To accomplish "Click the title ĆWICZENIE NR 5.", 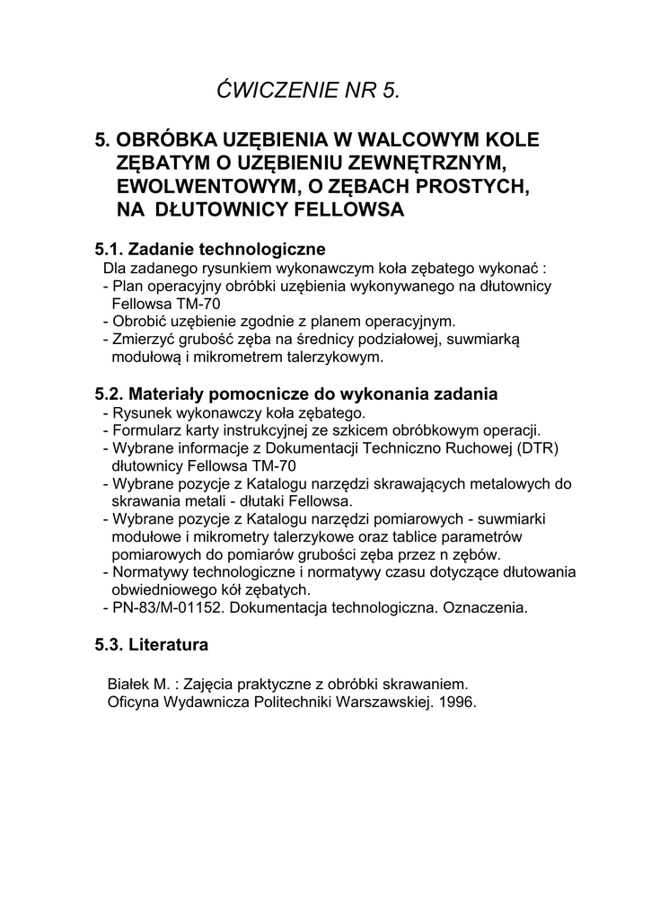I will pos(307,90).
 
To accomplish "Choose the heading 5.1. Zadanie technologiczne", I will pos(210,249).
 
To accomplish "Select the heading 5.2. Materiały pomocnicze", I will pos(296,394).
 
